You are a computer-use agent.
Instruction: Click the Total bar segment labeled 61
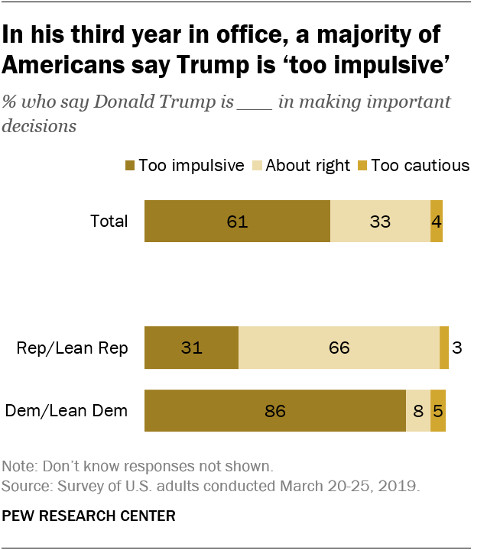click(237, 222)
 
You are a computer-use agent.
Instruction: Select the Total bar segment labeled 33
click(380, 222)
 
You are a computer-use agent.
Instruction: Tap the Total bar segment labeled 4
click(437, 222)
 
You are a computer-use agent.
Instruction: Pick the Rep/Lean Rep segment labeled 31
click(191, 348)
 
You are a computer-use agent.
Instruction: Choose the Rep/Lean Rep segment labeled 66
click(339, 348)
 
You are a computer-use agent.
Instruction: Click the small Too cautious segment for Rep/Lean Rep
click(444, 348)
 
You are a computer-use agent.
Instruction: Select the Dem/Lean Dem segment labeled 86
click(275, 411)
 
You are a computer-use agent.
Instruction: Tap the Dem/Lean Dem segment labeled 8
click(418, 411)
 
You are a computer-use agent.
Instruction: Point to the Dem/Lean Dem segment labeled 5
click(437, 411)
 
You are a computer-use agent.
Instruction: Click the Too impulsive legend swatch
click(130, 165)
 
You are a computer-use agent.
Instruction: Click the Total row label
click(109, 222)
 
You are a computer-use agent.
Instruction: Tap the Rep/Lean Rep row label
click(73, 348)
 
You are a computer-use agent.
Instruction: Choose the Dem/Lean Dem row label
click(67, 411)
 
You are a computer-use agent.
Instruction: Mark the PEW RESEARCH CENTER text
click(89, 516)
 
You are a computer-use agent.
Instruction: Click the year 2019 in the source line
click(399, 486)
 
